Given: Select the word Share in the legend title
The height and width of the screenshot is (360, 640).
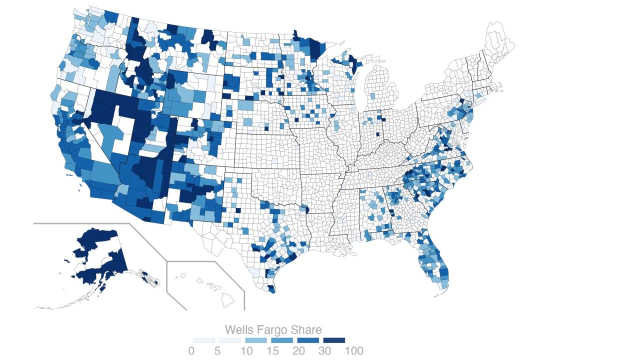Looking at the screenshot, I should pos(306,330).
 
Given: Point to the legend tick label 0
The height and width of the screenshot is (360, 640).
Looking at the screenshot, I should pos(191,351).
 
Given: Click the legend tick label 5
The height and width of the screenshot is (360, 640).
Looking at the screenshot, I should pos(217,351).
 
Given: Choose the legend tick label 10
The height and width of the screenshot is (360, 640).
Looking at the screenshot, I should pos(246,351).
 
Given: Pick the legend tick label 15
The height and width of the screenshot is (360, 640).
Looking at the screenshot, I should pos(272,351).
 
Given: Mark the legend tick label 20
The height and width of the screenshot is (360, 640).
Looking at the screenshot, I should pos(298,351).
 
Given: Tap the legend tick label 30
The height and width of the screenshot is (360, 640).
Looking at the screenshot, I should pos(324,351).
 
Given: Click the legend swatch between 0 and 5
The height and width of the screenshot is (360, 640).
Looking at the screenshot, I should pos(204,340).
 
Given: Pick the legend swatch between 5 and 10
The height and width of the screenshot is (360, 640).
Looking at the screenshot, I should pos(230,340).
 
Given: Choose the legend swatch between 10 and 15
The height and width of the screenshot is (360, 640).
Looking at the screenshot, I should pos(256,340).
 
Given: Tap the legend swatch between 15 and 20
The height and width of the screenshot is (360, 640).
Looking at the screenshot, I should pos(282,340).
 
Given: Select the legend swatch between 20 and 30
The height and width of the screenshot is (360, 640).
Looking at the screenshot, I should pos(308,340).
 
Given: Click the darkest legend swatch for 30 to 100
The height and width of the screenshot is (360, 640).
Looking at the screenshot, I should pos(334,340).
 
